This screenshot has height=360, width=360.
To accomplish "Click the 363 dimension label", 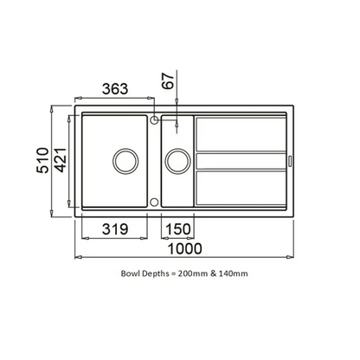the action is coord(115,89).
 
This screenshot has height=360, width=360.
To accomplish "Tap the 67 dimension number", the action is coord(169,81).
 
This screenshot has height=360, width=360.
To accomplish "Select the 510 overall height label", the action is coord(42,160).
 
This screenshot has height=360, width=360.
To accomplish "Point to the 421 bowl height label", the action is coord(61,160).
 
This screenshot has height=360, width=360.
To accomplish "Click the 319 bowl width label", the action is coord(115,229).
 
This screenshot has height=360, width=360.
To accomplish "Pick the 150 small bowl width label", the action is coord(178,229).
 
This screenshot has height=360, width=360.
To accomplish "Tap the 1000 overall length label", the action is coord(184,248).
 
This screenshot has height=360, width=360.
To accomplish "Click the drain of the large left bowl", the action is coord(125,161).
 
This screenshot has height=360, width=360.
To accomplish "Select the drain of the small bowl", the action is coord(177,161).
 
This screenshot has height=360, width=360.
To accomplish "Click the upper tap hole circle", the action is coord(154,119).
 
